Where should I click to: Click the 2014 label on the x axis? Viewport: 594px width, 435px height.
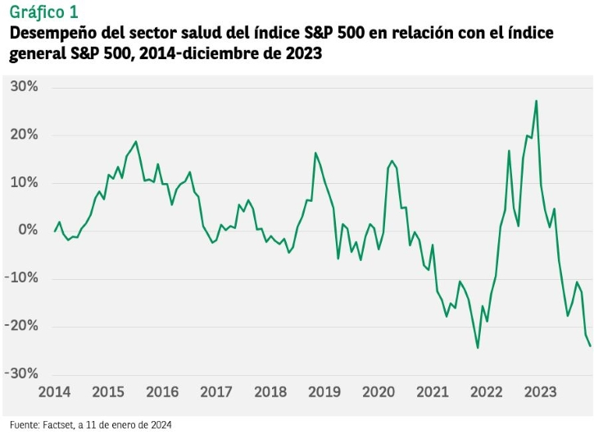[54, 392]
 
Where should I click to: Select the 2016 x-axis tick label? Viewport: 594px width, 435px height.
[162, 392]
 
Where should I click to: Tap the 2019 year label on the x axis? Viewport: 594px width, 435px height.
[324, 392]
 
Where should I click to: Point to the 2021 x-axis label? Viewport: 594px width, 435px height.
[433, 392]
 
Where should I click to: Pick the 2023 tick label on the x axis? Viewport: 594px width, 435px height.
[541, 392]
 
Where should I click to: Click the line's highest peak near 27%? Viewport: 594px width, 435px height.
[536, 101]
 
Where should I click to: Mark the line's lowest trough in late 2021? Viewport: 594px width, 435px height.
[478, 348]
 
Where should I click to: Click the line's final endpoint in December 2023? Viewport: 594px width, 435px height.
[590, 346]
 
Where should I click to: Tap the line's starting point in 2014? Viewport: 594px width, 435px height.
[55, 231]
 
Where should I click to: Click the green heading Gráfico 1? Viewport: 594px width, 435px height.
[44, 12]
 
